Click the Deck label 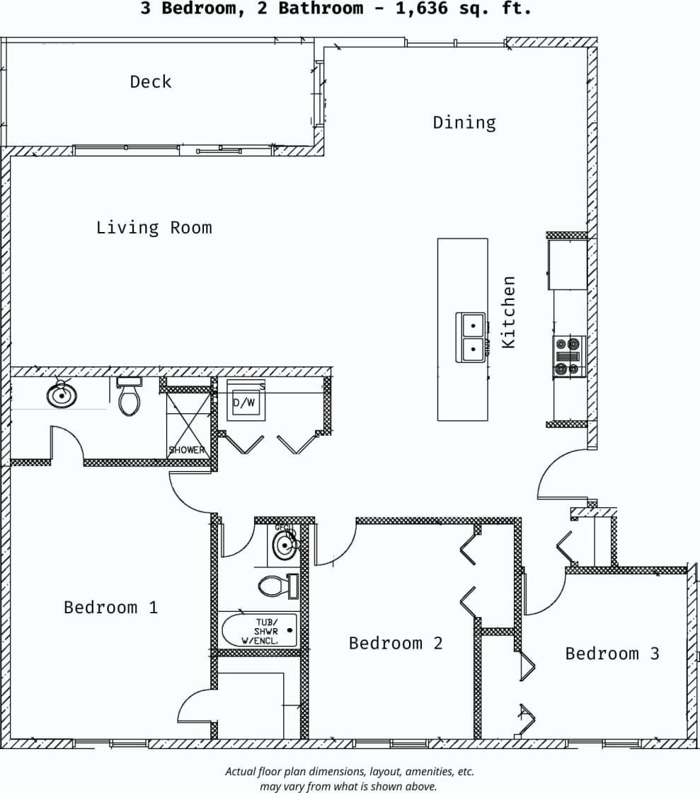150,82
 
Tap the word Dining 464,122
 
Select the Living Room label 154,228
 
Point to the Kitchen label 508,312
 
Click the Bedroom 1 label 110,608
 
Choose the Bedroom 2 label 396,643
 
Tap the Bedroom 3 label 612,654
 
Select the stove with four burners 568,356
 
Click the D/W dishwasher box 245,403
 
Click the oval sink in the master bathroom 62,395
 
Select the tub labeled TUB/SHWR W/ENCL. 259,630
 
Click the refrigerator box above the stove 568,265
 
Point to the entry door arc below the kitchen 559,474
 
